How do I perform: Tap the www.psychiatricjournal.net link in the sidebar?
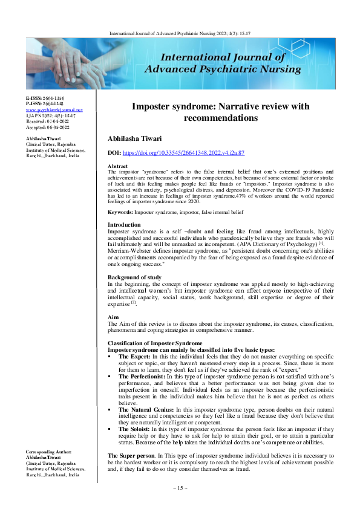click(49, 109)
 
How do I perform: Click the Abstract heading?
click(117, 166)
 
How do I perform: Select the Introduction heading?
click(124, 207)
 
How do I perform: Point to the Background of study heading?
click(135, 276)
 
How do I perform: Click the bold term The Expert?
click(134, 356)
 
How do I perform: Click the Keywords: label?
click(120, 196)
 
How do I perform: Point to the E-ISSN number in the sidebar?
click(45, 97)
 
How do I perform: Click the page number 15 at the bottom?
click(180, 487)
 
